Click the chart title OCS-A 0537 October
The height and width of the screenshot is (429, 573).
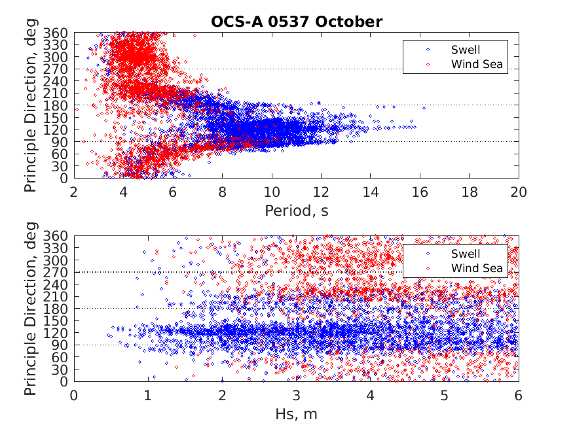click(x=296, y=21)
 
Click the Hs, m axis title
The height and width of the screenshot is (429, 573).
click(x=296, y=414)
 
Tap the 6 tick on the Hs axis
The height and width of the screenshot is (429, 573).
click(x=519, y=396)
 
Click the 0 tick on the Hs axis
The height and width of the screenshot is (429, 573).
click(x=73, y=396)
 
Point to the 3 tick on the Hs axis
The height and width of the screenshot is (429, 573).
click(x=296, y=396)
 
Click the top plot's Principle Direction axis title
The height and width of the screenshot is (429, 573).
click(x=31, y=105)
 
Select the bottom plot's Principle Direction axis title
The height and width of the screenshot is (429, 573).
click(x=31, y=309)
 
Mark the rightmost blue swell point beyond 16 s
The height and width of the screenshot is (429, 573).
click(x=424, y=108)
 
